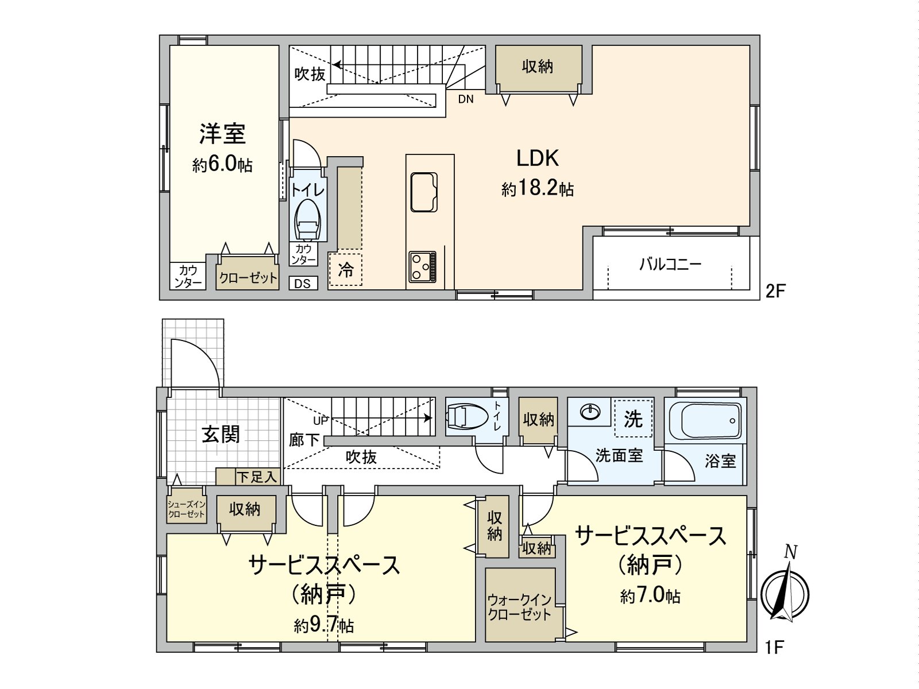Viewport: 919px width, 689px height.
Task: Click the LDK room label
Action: (x=538, y=158)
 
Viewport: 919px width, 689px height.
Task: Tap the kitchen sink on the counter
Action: (x=424, y=192)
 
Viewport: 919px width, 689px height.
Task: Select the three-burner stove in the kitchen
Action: (x=422, y=266)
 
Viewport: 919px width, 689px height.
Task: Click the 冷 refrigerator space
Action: (x=345, y=269)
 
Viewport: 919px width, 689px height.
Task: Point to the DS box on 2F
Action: (x=303, y=283)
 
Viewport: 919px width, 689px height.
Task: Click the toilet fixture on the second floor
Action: (x=308, y=220)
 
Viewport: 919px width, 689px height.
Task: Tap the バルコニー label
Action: (x=670, y=264)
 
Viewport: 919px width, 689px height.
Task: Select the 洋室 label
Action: (x=222, y=133)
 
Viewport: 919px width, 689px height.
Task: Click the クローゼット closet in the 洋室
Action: (x=248, y=272)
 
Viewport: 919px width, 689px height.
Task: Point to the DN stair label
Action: (x=466, y=99)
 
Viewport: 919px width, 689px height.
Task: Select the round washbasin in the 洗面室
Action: (x=590, y=412)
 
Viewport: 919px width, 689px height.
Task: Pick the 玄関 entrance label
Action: (x=221, y=434)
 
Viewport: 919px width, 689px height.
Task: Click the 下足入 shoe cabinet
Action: (x=248, y=477)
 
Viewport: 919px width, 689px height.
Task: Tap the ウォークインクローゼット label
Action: (x=520, y=608)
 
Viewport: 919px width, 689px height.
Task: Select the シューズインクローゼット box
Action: (x=186, y=509)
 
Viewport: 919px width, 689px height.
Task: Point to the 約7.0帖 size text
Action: (x=650, y=596)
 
